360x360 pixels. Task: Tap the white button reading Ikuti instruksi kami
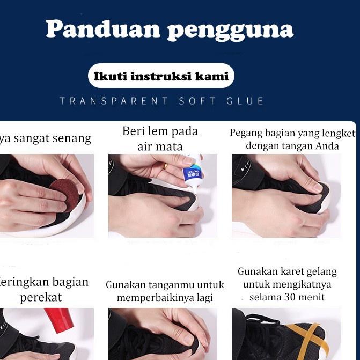161,76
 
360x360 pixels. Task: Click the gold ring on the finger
165,167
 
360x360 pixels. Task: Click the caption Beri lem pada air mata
160,138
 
